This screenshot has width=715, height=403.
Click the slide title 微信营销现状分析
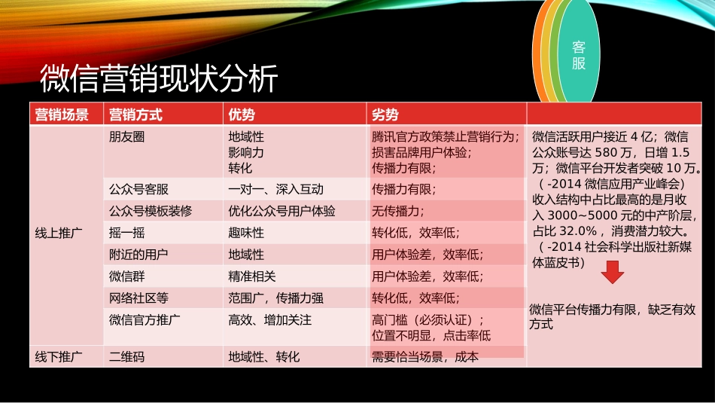tap(159, 78)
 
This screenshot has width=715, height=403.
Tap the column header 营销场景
tap(62, 114)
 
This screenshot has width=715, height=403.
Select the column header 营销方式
tap(135, 114)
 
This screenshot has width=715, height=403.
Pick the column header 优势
tap(242, 114)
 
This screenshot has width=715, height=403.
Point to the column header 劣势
tap(385, 114)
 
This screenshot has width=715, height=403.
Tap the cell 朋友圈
tap(126, 137)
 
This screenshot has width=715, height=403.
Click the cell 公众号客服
tap(138, 190)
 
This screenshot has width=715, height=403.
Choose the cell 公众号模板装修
tap(151, 212)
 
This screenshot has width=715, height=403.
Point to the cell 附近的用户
tap(138, 255)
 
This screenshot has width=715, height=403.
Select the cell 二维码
tap(126, 357)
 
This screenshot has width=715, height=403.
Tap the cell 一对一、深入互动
tap(275, 190)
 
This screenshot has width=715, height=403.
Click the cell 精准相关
tap(252, 276)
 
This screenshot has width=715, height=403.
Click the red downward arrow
tap(613, 273)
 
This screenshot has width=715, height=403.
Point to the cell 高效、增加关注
tap(269, 319)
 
